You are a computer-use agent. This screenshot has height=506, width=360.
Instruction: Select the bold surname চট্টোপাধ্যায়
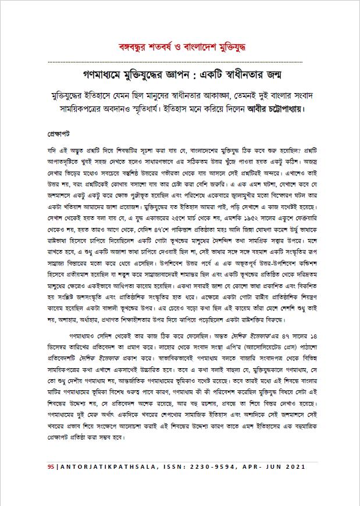point(287,108)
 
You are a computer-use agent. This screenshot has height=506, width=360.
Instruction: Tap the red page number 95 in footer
point(51,468)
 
